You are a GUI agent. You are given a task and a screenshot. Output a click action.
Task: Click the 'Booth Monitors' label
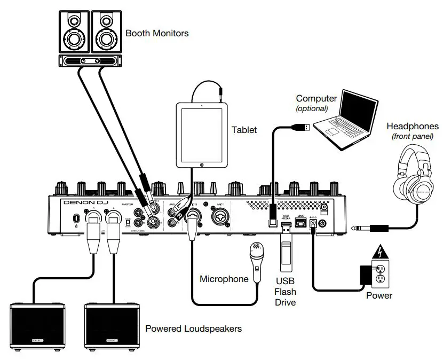[x=157, y=33]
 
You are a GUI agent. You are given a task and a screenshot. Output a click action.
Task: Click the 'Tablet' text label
[x=244, y=130]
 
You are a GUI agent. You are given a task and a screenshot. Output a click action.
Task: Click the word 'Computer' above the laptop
[x=317, y=98]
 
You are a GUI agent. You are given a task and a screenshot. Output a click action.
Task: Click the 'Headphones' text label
[x=413, y=127]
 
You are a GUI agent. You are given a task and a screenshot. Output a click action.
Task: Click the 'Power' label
[x=379, y=295]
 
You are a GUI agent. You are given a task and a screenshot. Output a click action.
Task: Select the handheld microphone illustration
[x=257, y=262]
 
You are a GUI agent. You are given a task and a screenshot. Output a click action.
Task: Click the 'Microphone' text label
[x=224, y=279]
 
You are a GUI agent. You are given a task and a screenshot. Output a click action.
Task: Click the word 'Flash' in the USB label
[x=286, y=292]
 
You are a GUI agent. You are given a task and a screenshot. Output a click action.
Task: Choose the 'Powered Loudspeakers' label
[x=193, y=328]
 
